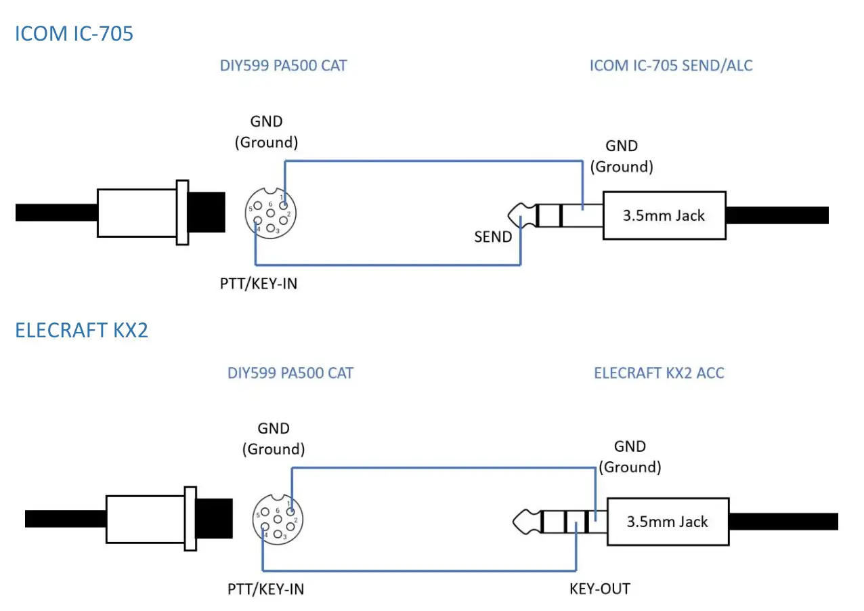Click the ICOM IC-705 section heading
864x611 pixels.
74,33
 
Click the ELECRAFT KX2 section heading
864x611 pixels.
81,331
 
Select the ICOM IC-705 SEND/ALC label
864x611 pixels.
670,66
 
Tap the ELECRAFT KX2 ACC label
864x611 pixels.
658,373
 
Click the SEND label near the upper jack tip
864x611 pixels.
492,238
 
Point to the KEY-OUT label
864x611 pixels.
599,589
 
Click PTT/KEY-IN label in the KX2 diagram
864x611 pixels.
265,589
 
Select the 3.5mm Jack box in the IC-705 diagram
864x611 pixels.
664,215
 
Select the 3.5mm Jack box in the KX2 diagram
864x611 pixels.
668,522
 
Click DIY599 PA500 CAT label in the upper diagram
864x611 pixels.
284,66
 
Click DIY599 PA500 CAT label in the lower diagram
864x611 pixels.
290,373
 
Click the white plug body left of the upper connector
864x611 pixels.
135,213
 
